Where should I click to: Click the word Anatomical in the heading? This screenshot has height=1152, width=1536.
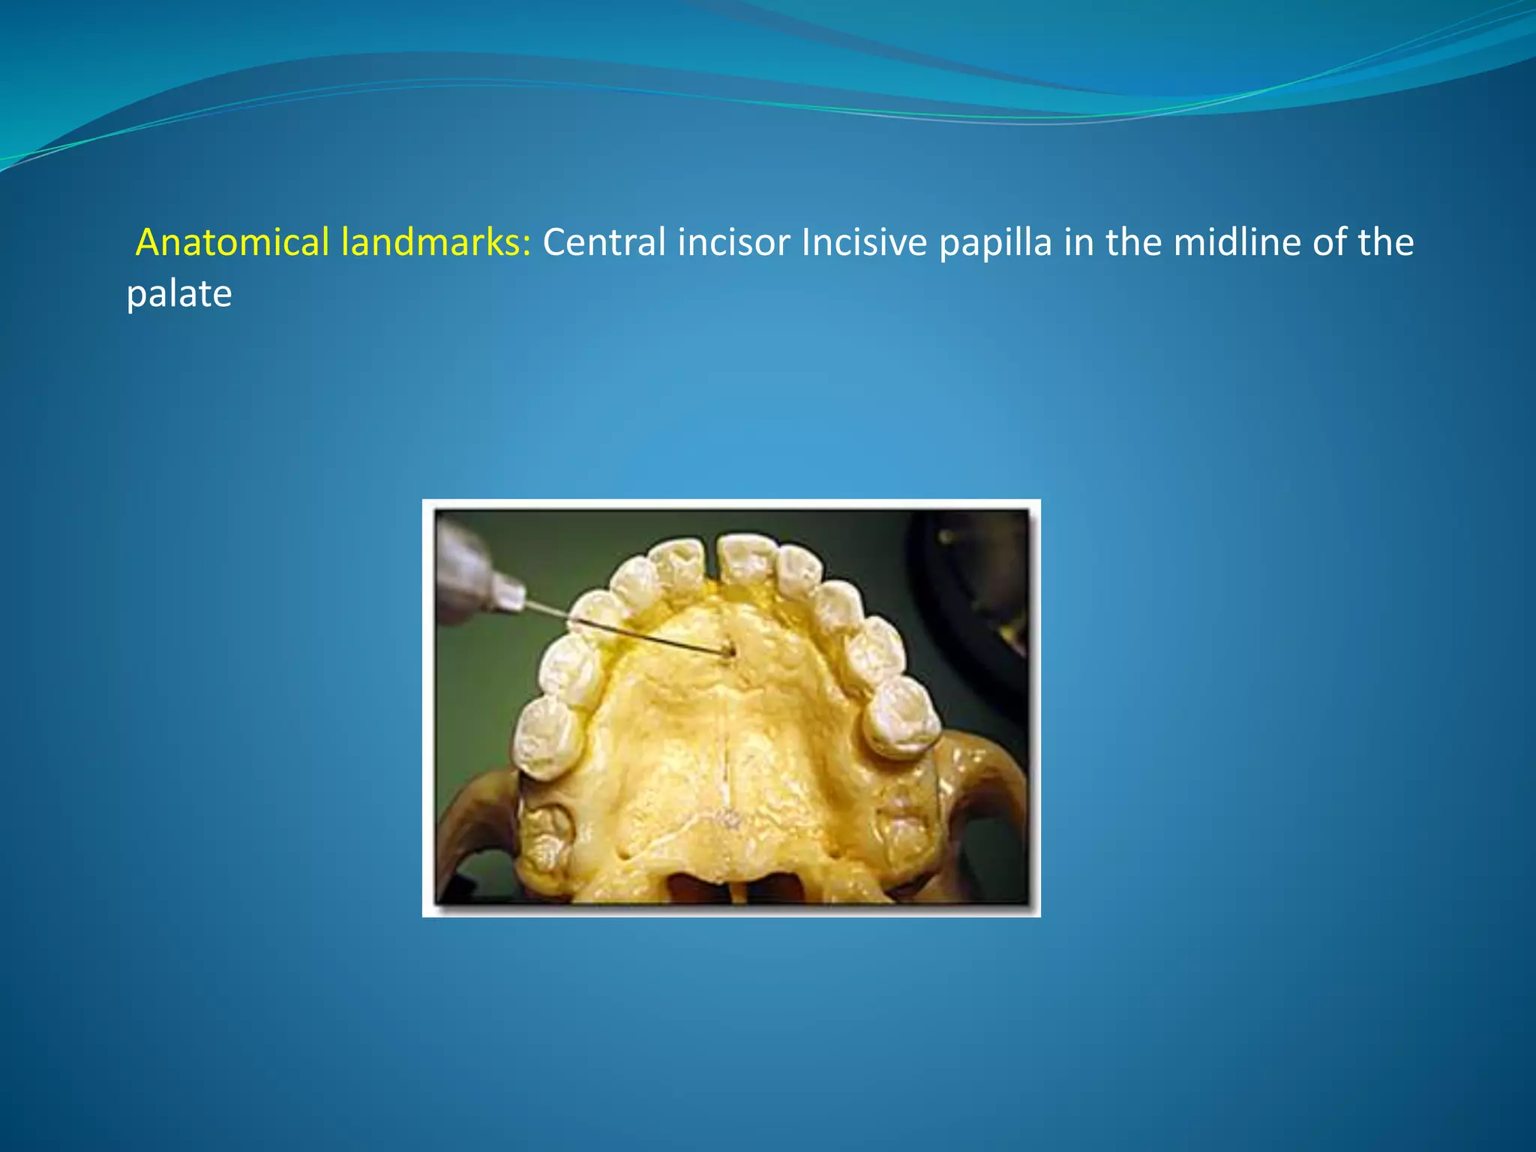232,242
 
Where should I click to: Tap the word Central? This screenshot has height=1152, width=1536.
604,242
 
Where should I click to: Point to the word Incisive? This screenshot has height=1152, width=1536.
864,242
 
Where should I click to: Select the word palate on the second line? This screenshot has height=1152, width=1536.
178,293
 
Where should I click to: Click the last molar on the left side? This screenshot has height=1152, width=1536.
548,739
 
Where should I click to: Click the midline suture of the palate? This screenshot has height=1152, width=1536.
727,750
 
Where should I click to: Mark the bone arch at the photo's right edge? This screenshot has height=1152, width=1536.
990,780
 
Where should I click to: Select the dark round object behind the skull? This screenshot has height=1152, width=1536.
975,585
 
